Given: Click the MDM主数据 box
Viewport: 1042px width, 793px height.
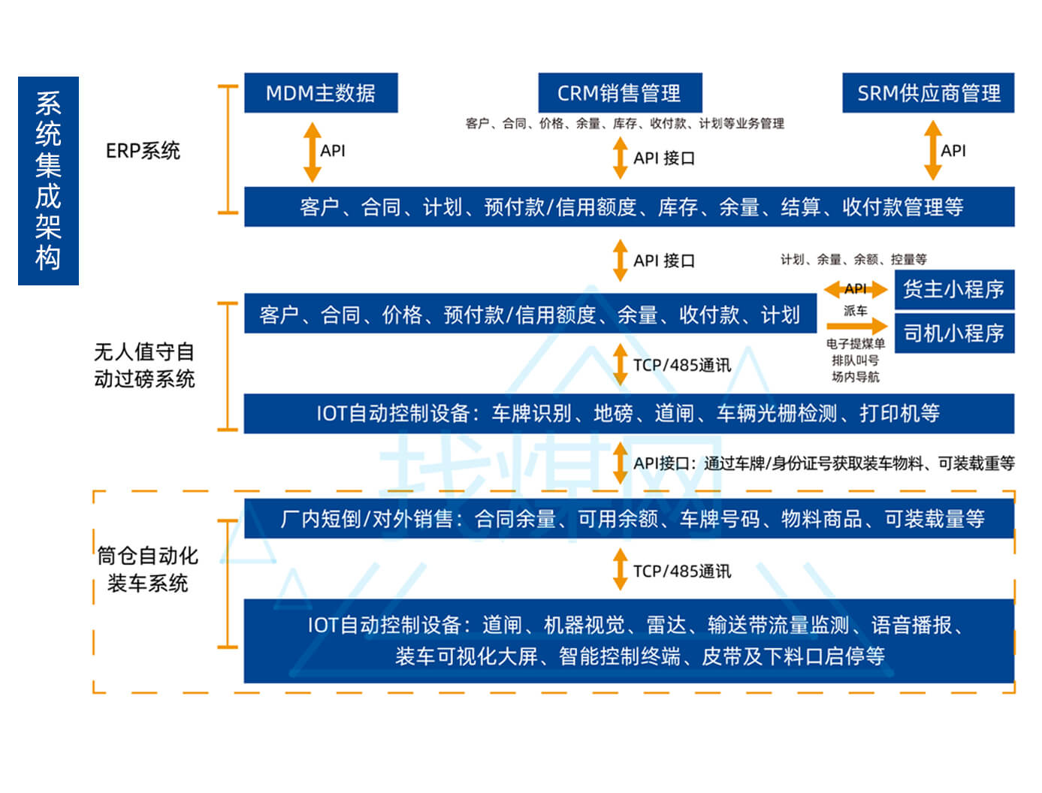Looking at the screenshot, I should (x=321, y=93).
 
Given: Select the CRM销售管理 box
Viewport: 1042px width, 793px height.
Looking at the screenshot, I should (x=620, y=93).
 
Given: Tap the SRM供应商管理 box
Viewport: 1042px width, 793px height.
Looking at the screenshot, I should (x=928, y=93).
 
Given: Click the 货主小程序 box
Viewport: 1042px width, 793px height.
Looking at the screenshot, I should (x=953, y=290).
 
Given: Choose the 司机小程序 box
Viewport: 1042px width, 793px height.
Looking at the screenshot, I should (x=953, y=333).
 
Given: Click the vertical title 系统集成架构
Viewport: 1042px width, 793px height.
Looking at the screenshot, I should (x=48, y=181).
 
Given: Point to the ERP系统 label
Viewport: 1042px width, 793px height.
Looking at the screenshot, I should (x=143, y=151).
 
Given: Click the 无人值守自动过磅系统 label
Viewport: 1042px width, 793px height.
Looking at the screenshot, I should (x=144, y=365).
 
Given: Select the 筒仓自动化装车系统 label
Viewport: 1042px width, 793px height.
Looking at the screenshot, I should (x=147, y=569).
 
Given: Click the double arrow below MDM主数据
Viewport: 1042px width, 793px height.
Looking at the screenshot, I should (x=312, y=152).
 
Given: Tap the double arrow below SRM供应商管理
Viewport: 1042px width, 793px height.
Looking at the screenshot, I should (x=932, y=151).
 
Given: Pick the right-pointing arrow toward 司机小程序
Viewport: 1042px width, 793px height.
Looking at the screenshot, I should (x=856, y=326).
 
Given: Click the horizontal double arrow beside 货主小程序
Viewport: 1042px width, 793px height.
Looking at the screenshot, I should (x=855, y=289).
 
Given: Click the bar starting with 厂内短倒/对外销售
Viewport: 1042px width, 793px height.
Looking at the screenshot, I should (x=629, y=519).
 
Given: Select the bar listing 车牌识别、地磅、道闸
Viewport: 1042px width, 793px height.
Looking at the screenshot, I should (x=629, y=414).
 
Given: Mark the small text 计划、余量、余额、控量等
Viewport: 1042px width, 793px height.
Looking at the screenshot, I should (x=853, y=260).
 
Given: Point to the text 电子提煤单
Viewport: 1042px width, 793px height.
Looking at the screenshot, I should (x=855, y=344).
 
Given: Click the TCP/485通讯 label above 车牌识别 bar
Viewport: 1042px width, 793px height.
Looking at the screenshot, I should (x=681, y=366).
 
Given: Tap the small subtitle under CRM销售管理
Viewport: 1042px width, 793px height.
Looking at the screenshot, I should (x=624, y=124).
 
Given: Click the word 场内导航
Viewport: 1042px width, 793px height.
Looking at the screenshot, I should (x=855, y=377).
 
